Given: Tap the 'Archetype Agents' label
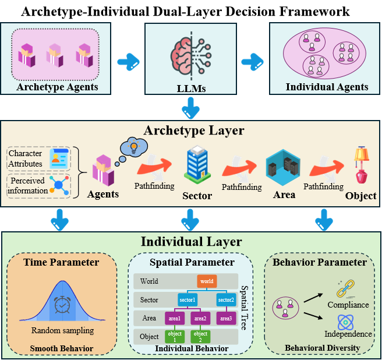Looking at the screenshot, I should [57, 88].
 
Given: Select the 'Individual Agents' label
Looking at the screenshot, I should [327, 87].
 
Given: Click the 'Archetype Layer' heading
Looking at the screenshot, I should [194, 130].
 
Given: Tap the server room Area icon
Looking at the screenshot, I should [283, 168].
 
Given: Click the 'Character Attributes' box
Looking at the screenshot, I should [38, 158].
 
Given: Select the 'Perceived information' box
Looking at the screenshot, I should [39, 185].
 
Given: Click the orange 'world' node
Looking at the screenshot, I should [207, 281].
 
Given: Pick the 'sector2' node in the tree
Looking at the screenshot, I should [227, 300].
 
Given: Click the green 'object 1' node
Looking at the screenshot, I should [175, 337].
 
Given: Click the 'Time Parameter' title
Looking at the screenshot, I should [61, 262].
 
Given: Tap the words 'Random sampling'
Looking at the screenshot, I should [62, 330].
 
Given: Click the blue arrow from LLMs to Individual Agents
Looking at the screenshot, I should [252, 60].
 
